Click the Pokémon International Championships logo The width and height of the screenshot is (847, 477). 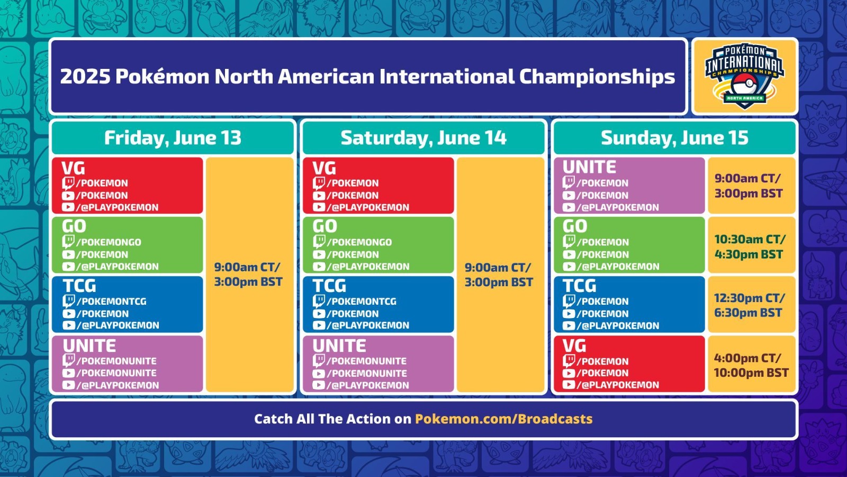pyautogui.click(x=744, y=76)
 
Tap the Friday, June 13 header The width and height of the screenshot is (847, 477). pyautogui.click(x=173, y=138)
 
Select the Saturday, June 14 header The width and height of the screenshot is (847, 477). pyautogui.click(x=424, y=138)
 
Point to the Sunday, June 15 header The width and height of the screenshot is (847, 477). pyautogui.click(x=674, y=138)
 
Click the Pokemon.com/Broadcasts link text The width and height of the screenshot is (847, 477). pyautogui.click(x=503, y=419)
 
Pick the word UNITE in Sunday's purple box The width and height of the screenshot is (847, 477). pyautogui.click(x=589, y=167)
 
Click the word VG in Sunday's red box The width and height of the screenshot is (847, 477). pyautogui.click(x=574, y=346)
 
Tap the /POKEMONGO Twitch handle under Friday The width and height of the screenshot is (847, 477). pyautogui.click(x=109, y=242)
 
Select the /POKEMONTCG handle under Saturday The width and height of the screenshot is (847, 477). pyautogui.click(x=362, y=302)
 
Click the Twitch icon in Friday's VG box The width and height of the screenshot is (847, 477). pyautogui.click(x=68, y=183)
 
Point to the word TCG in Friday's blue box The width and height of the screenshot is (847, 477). pyautogui.click(x=79, y=286)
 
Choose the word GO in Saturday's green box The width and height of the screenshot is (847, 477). pyautogui.click(x=325, y=226)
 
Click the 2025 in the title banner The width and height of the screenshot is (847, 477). pyautogui.click(x=85, y=76)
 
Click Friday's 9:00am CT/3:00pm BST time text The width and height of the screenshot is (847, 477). pyautogui.click(x=248, y=275)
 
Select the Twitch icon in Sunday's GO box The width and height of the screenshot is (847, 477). pyautogui.click(x=569, y=242)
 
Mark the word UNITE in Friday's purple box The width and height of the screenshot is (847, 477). pyautogui.click(x=89, y=346)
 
